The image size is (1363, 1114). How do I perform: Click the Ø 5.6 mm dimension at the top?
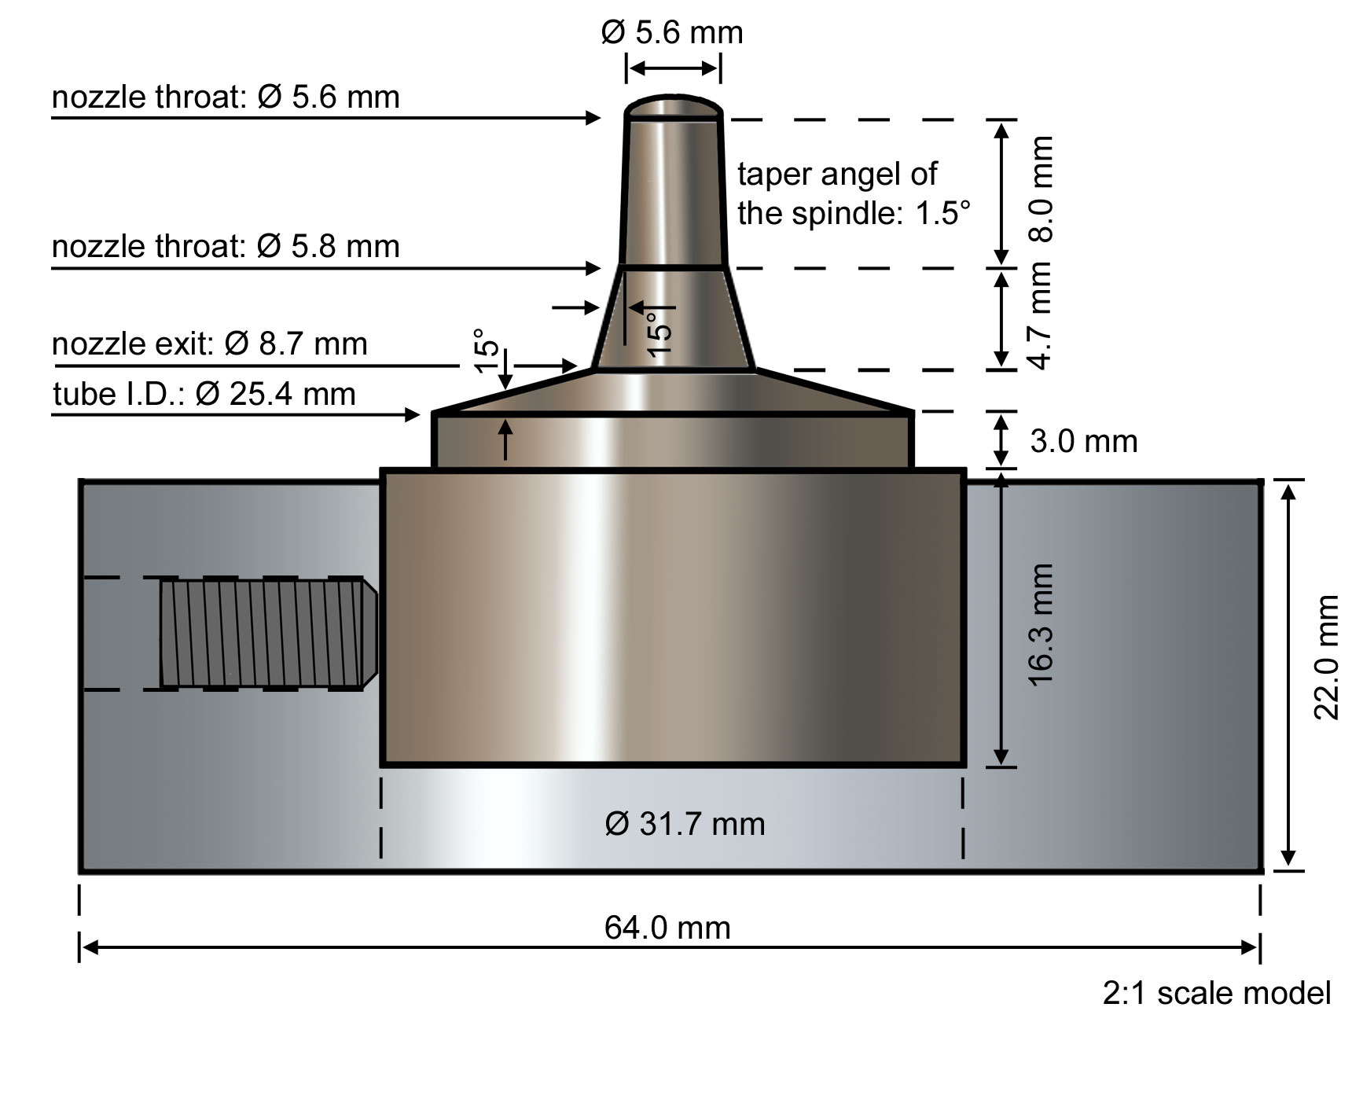tap(672, 33)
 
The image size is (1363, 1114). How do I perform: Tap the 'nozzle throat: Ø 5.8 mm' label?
tap(226, 247)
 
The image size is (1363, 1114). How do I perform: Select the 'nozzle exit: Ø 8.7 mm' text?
tap(210, 344)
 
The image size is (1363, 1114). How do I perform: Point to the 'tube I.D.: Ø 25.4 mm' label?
tap(204, 394)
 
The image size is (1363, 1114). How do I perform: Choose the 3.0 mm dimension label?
tap(1083, 442)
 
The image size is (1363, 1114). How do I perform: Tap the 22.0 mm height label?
tap(1326, 658)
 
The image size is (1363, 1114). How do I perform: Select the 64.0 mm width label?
tap(667, 928)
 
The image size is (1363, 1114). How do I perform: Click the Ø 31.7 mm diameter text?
tap(685, 824)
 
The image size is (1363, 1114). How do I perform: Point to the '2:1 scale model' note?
tap(1216, 994)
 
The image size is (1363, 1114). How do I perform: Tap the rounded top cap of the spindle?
tap(674, 106)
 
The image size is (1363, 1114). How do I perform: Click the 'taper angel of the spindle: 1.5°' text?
tap(853, 193)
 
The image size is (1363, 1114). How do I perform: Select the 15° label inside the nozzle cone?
tap(660, 333)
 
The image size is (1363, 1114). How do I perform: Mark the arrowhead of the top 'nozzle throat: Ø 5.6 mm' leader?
tap(595, 118)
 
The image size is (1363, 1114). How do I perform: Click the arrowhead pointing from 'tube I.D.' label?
tap(413, 414)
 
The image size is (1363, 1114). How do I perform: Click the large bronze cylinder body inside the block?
tap(673, 617)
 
